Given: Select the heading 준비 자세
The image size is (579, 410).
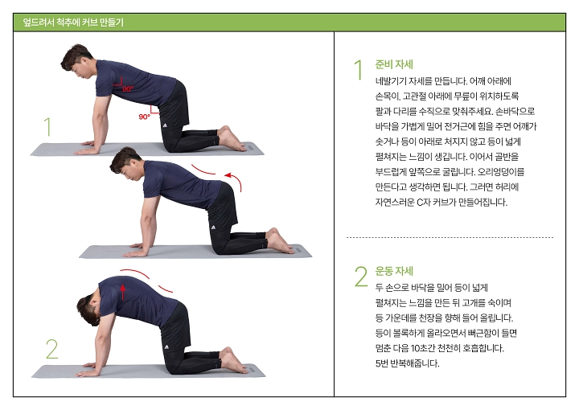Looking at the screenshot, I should (x=394, y=64).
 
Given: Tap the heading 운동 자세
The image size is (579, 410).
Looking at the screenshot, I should (x=394, y=271).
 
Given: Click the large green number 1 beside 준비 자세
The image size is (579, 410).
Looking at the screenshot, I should (x=359, y=70).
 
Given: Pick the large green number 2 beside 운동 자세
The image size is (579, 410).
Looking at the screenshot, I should (x=360, y=277).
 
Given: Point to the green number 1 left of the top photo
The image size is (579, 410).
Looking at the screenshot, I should (x=47, y=127).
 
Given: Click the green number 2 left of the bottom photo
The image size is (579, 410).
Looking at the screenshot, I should (x=51, y=349).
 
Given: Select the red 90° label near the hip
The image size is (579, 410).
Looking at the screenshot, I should (x=144, y=117).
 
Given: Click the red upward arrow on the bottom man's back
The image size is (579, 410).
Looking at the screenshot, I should (x=123, y=288).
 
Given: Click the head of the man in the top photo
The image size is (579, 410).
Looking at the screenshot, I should (x=79, y=63).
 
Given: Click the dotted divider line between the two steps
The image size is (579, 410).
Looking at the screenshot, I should (x=450, y=237).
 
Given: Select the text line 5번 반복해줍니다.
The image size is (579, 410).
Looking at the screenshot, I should (x=407, y=363).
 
